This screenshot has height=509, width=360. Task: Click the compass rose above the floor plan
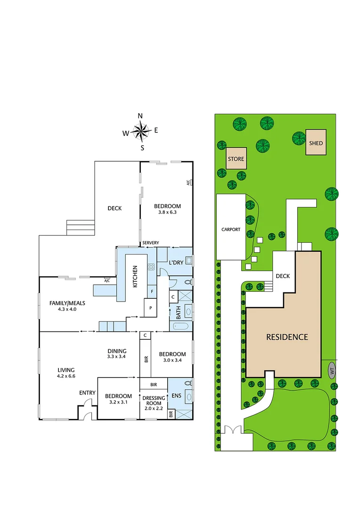(141, 131)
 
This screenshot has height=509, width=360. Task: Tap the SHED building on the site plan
(316, 143)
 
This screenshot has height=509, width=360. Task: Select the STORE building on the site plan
(236, 159)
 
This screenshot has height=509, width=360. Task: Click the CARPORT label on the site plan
(231, 230)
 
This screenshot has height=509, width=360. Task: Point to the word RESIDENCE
(287, 337)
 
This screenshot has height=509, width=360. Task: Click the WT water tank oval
(332, 371)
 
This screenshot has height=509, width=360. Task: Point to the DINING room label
(117, 351)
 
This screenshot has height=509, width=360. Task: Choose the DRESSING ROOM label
(154, 401)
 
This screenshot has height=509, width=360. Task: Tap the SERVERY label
(151, 243)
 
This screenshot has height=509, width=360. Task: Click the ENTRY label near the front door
(87, 393)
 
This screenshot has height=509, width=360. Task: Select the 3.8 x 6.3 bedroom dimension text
(167, 213)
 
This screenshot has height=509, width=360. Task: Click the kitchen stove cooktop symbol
(152, 267)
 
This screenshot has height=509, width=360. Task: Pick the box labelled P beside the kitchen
(150, 308)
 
